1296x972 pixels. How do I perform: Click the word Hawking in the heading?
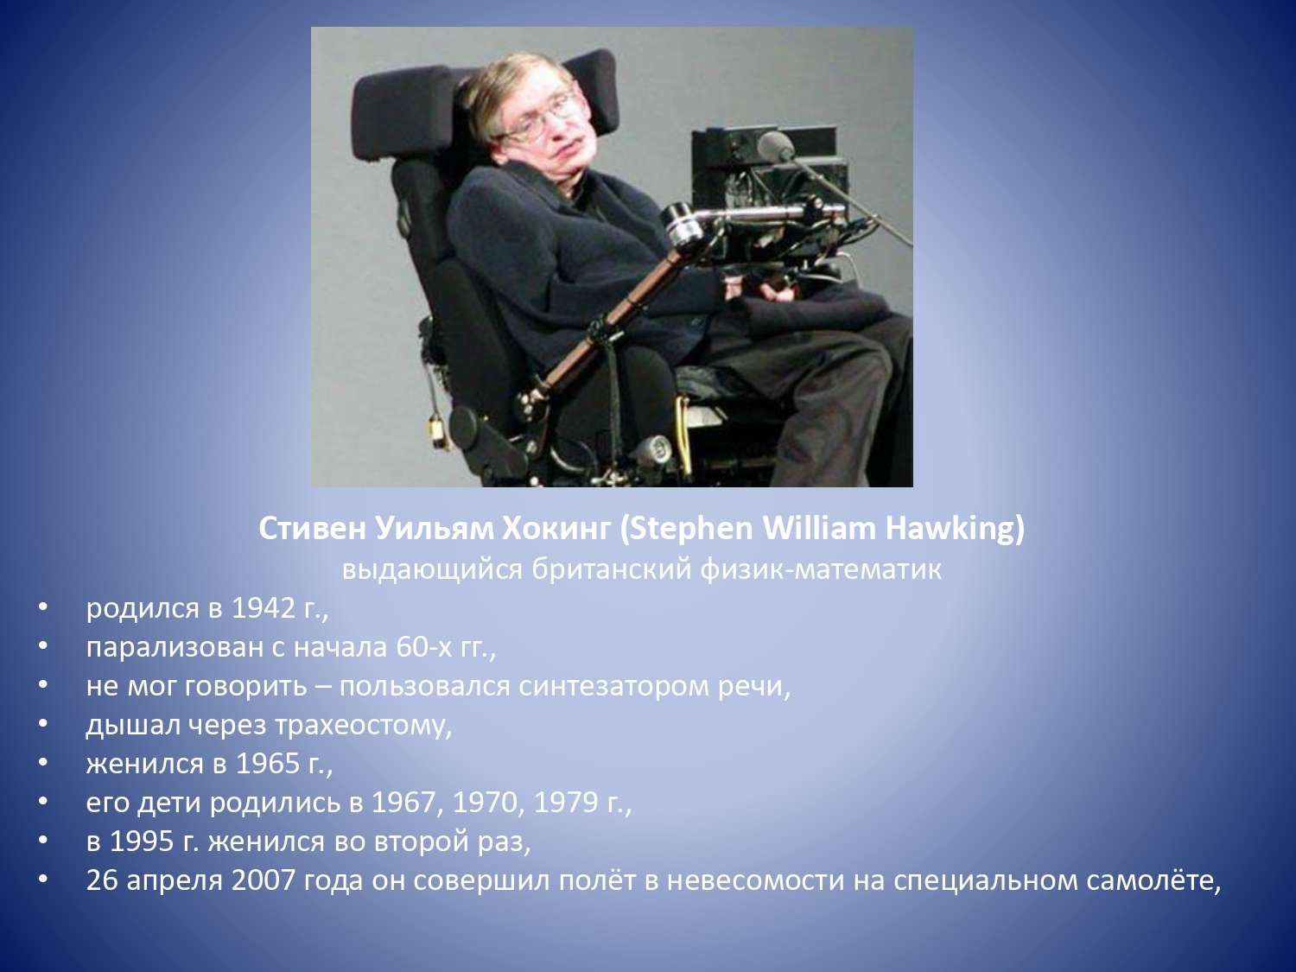pos(954,529)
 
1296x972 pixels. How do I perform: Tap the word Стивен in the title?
pos(313,529)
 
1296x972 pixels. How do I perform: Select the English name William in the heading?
pos(818,528)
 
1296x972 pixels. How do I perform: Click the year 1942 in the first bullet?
pos(263,608)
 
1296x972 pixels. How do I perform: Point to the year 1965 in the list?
pos(268,764)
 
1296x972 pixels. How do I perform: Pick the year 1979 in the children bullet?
pos(566,803)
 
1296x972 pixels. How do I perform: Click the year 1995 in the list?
pos(143,842)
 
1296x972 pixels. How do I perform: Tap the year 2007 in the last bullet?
pos(264,880)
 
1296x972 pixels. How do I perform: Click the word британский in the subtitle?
pos(611,569)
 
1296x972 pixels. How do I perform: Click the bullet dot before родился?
pos(42,607)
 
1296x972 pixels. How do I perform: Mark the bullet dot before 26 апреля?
pos(42,880)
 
